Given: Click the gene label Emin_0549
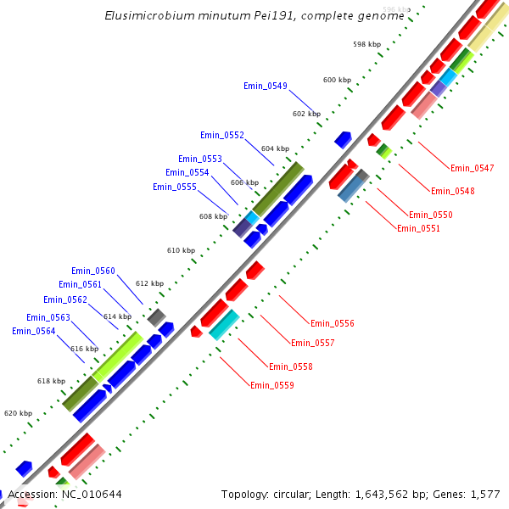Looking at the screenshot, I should pyautogui.click(x=265, y=86).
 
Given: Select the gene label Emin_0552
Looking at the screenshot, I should pyautogui.click(x=222, y=135).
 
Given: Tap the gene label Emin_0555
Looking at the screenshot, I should pyautogui.click(x=174, y=187).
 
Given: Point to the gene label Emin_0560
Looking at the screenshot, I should pyautogui.click(x=92, y=271).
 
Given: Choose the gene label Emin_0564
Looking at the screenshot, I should pyautogui.click(x=33, y=331).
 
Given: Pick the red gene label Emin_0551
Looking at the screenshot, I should pyautogui.click(x=418, y=228).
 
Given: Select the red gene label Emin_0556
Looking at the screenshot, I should pyautogui.click(x=333, y=323).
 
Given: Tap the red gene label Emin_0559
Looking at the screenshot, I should pyautogui.click(x=271, y=385).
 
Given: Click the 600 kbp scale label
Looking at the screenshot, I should pyautogui.click(x=337, y=80).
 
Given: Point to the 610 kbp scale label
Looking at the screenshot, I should pyautogui.click(x=181, y=251).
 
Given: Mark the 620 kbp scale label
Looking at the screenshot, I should pyautogui.click(x=18, y=413).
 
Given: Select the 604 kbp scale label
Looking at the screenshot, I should pyautogui.click(x=275, y=148).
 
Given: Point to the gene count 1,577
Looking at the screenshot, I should pyautogui.click(x=485, y=494).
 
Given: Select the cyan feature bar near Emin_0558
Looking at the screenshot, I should pyautogui.click(x=224, y=325).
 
